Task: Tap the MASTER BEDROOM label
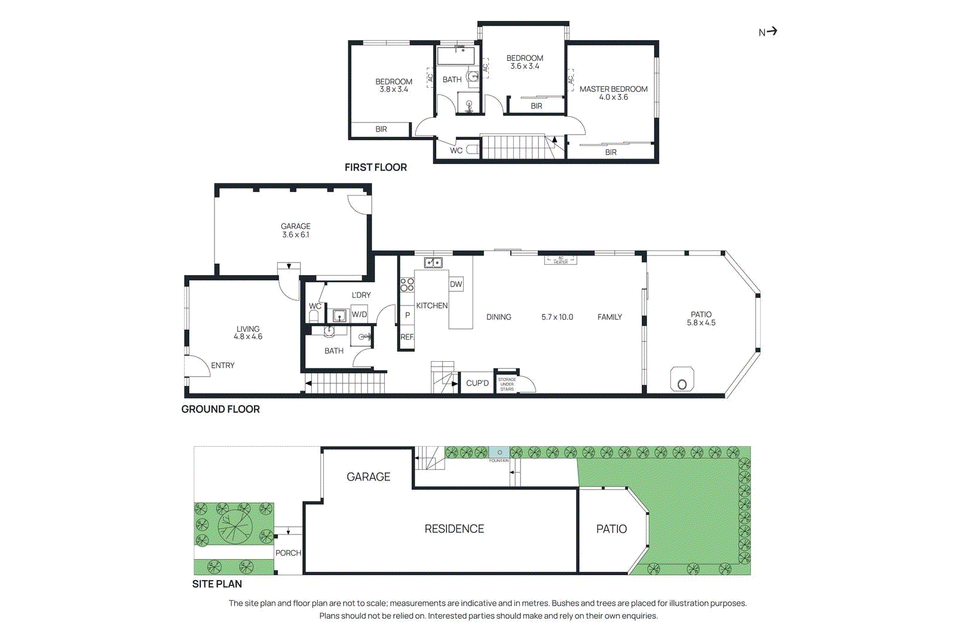613,89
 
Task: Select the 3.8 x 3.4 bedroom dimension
394,90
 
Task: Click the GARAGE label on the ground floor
295,226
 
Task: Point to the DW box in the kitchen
456,284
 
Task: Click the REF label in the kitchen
407,337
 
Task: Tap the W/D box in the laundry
359,315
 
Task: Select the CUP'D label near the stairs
477,383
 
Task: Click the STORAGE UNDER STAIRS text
507,384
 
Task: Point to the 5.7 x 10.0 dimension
557,317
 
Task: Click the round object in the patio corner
682,384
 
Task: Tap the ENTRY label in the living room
222,365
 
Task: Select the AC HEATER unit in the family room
560,260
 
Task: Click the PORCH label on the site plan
288,553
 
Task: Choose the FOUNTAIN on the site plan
499,453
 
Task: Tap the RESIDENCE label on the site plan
454,529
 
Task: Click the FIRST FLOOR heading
375,167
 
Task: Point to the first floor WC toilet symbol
473,149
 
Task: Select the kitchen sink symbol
433,262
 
